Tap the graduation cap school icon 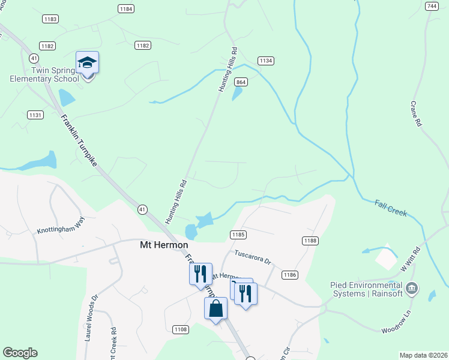[87, 62]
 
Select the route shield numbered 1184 [126, 9]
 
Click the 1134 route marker [266, 61]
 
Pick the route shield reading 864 [241, 82]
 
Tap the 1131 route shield [35, 115]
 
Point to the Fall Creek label [391, 208]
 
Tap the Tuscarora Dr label [253, 257]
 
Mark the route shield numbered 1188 [310, 240]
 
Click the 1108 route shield [181, 329]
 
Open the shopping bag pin [216, 309]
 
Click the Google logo [20, 353]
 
